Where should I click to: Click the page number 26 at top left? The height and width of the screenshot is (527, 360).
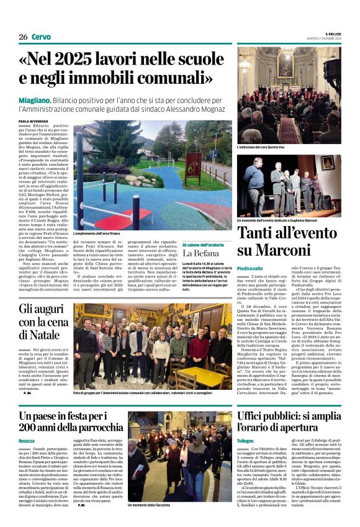(x=23, y=37)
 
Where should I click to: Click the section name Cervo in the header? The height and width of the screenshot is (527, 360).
(x=40, y=37)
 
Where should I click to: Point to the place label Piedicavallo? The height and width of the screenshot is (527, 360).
(x=250, y=268)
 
